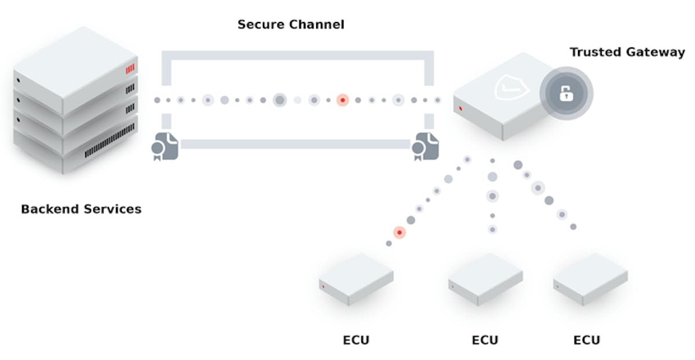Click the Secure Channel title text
[x=291, y=25]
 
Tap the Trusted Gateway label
[x=627, y=52]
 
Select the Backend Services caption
[x=81, y=209]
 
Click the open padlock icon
[x=566, y=93]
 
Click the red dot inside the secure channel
[x=342, y=100]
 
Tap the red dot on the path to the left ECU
[x=399, y=233]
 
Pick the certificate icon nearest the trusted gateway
[x=425, y=146]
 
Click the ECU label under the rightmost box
[x=587, y=340]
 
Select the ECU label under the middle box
[x=485, y=340]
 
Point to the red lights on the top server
[x=130, y=69]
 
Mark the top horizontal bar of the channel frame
[x=297, y=56]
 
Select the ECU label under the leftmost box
[x=355, y=340]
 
